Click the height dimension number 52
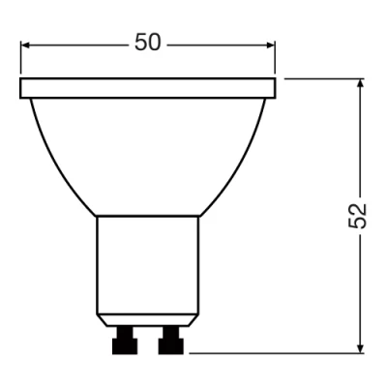coord(359,216)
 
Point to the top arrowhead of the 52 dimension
coord(361,84)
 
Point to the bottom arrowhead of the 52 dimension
coord(361,348)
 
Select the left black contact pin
coord(125,341)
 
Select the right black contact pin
coord(171,341)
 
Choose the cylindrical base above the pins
coord(148,266)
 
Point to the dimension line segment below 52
coord(361,290)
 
